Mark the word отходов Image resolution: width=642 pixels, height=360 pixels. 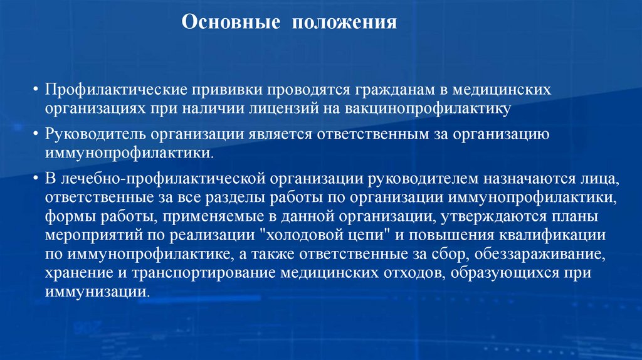418,273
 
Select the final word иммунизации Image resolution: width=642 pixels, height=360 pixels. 96,292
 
